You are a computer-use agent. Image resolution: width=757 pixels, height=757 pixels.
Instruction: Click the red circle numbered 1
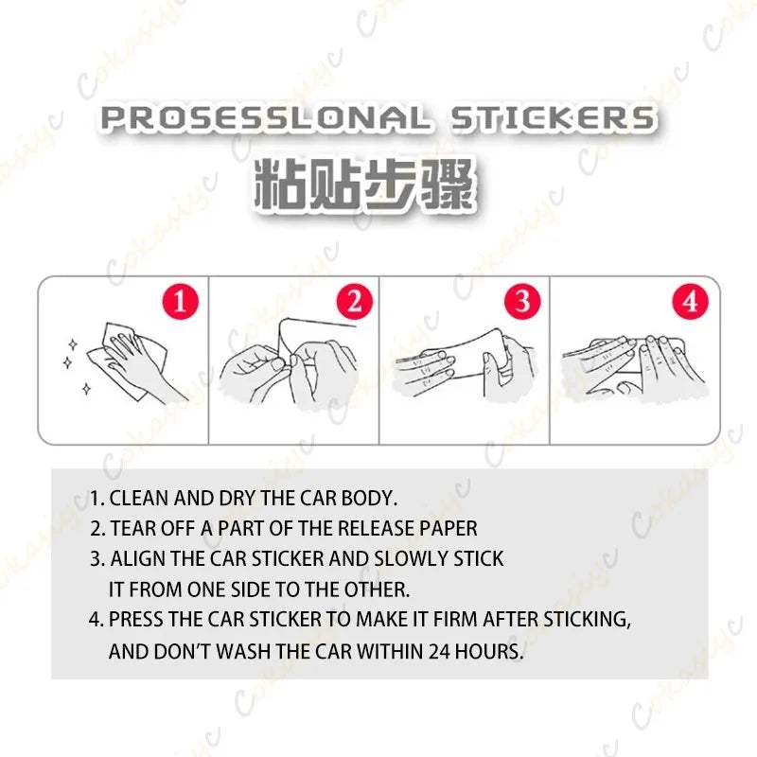coord(181,302)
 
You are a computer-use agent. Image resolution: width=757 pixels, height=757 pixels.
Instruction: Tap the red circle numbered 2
coord(355,302)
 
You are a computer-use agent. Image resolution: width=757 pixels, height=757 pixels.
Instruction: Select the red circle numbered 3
coord(522,302)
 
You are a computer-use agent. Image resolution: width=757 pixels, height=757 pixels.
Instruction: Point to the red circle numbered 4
coord(691,302)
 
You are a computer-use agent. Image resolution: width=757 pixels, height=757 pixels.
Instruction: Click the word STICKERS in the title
coord(553,118)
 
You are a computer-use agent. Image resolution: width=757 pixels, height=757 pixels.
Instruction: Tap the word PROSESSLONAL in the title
coord(265,118)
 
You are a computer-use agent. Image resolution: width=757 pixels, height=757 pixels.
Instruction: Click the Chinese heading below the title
coord(364,185)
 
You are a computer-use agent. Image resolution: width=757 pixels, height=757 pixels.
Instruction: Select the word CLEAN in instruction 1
coord(139,499)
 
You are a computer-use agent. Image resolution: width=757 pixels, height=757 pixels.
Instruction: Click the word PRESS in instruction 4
coord(135,620)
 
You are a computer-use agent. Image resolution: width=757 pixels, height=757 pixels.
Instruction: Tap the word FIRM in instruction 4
coord(455,620)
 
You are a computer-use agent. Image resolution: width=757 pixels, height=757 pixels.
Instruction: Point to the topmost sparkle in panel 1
coord(73,344)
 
